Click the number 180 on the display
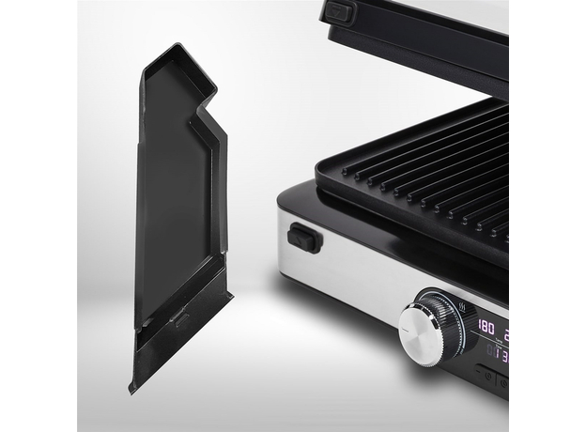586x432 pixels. point(487,327)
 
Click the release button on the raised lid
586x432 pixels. point(338,13)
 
